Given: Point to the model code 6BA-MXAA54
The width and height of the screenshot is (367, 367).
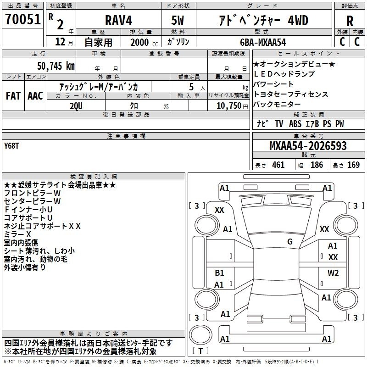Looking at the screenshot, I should pyautogui.click(x=263, y=42).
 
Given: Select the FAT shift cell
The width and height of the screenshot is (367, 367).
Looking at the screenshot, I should pyautogui.click(x=12, y=95).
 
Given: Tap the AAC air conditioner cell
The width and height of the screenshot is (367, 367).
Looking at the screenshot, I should pyautogui.click(x=35, y=95).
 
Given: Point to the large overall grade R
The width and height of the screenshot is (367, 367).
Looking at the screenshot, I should pyautogui.click(x=350, y=21).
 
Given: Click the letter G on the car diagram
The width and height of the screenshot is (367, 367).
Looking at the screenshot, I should pyautogui.click(x=290, y=242).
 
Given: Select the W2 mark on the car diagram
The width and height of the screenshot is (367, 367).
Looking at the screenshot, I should pyautogui.click(x=333, y=273).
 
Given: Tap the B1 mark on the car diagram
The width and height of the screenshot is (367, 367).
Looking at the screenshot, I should pyautogui.click(x=219, y=273).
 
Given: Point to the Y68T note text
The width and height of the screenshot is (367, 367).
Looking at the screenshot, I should pyautogui.click(x=12, y=147).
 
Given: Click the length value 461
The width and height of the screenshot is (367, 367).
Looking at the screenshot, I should pyautogui.click(x=278, y=165).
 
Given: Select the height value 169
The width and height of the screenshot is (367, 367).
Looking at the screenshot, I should pyautogui.click(x=353, y=165).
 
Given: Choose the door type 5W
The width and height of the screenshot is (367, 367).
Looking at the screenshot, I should pyautogui.click(x=179, y=20).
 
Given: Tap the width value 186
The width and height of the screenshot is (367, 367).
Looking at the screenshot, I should pyautogui.click(x=317, y=165).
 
